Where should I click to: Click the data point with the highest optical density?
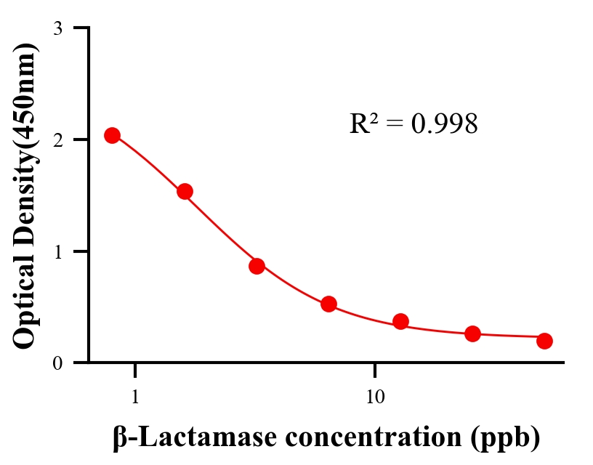pyautogui.click(x=112, y=136)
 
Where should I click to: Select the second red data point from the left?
pyautogui.click(x=185, y=192)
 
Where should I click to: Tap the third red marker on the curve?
pyautogui.click(x=257, y=266)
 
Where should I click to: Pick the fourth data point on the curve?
pyautogui.click(x=328, y=304)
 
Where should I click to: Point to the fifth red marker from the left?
pyautogui.click(x=400, y=321)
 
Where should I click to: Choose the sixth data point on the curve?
pyautogui.click(x=472, y=333)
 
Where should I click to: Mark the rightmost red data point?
pyautogui.click(x=544, y=341)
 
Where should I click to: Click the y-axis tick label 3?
pyautogui.click(x=58, y=28)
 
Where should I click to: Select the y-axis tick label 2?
pyautogui.click(x=58, y=139)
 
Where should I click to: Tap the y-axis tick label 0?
pyautogui.click(x=58, y=363)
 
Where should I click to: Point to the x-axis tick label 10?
pyautogui.click(x=375, y=397)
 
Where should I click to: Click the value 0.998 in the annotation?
pyautogui.click(x=445, y=124)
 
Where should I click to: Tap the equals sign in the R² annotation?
pyautogui.click(x=393, y=125)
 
